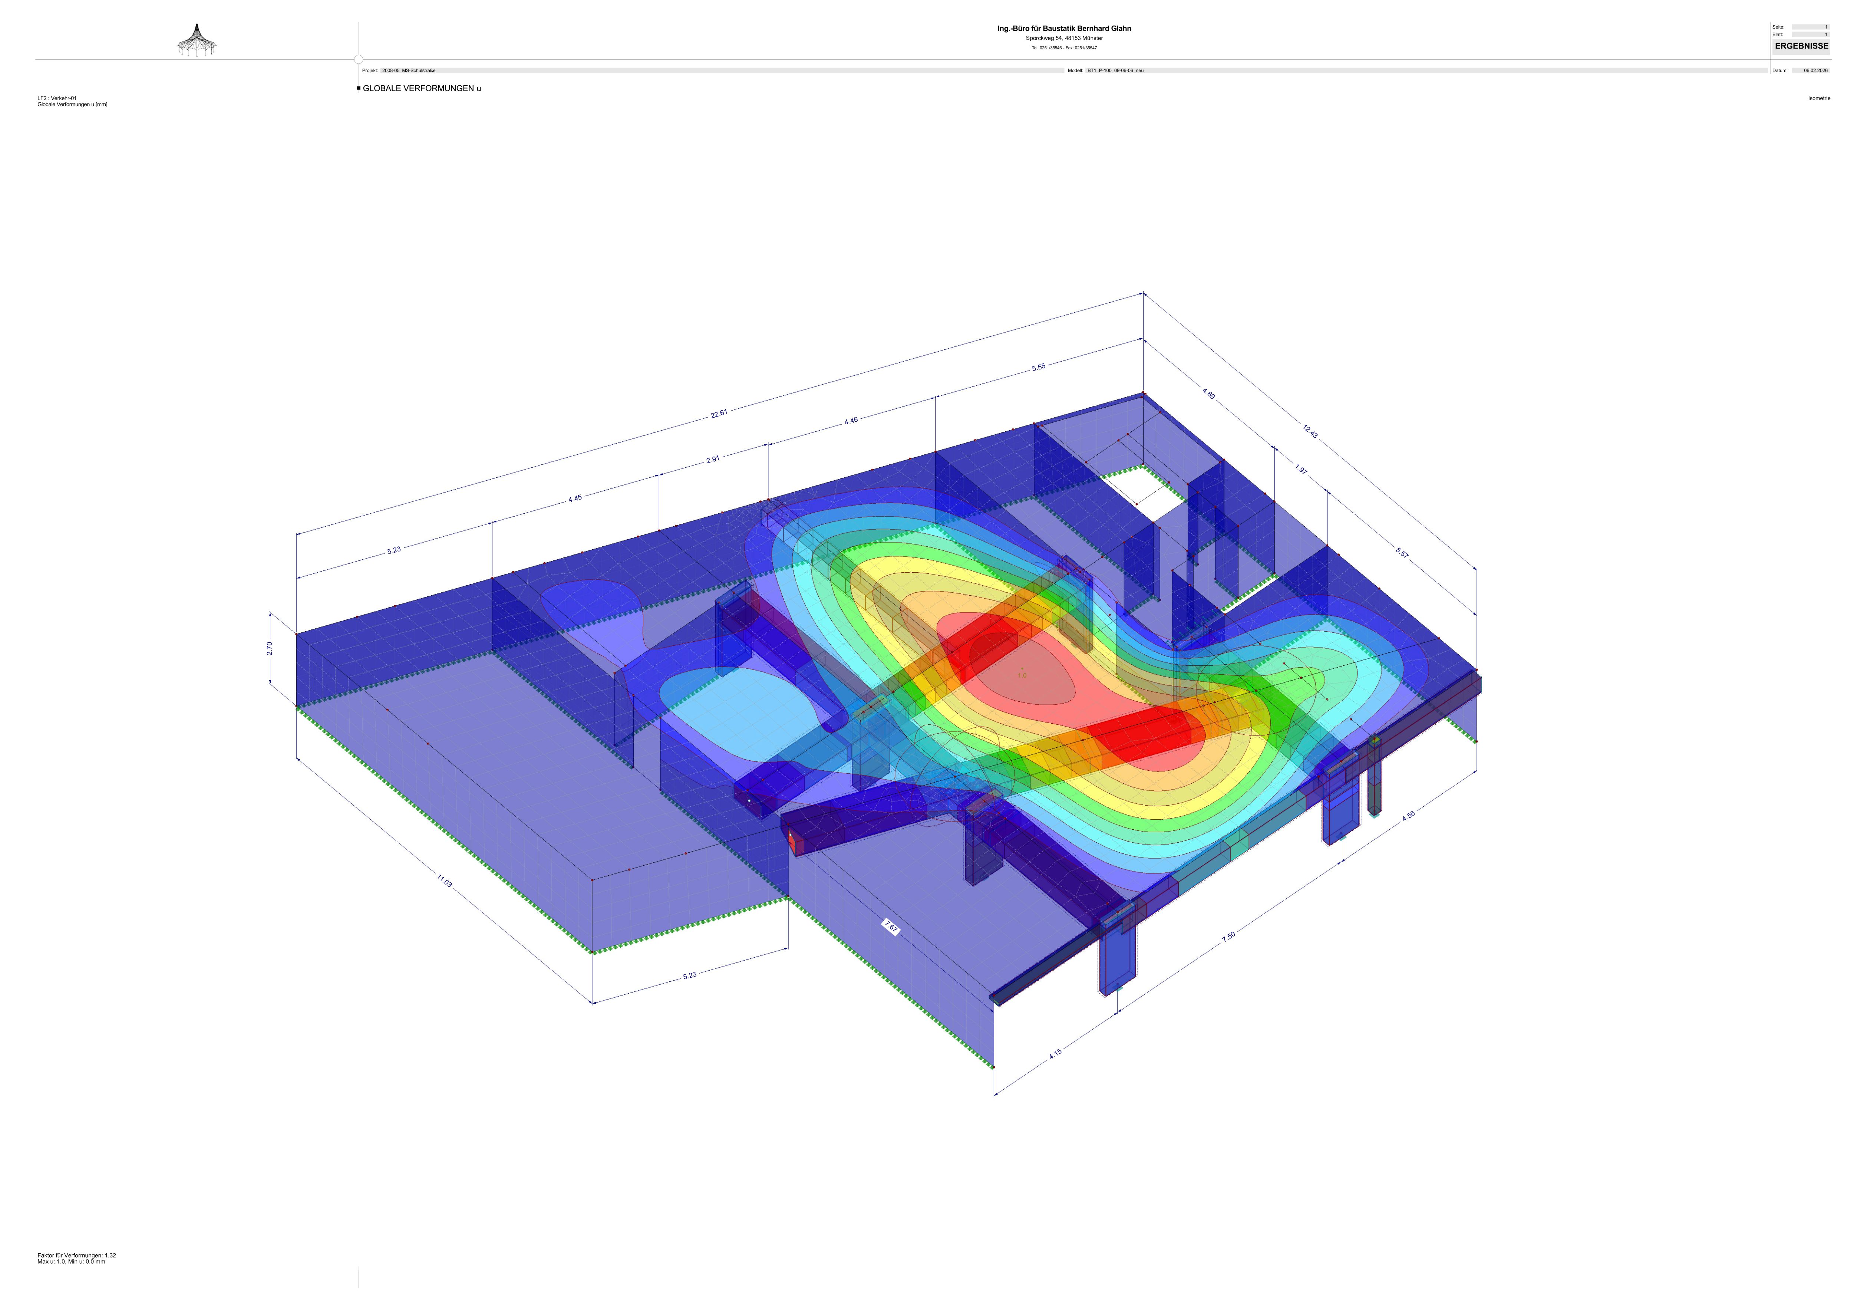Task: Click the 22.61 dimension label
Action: pos(719,414)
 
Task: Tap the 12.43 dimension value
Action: pos(1310,432)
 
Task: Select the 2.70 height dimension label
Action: pos(270,648)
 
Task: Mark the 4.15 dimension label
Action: pos(1055,1053)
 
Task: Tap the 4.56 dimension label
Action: pos(1408,816)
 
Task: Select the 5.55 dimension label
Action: pos(1039,368)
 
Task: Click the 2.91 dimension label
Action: pos(713,460)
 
